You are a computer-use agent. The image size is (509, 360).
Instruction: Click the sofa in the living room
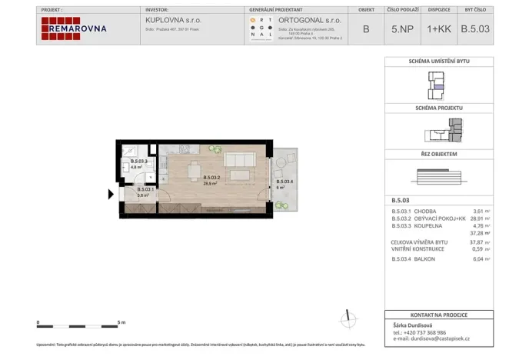click(240, 160)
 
